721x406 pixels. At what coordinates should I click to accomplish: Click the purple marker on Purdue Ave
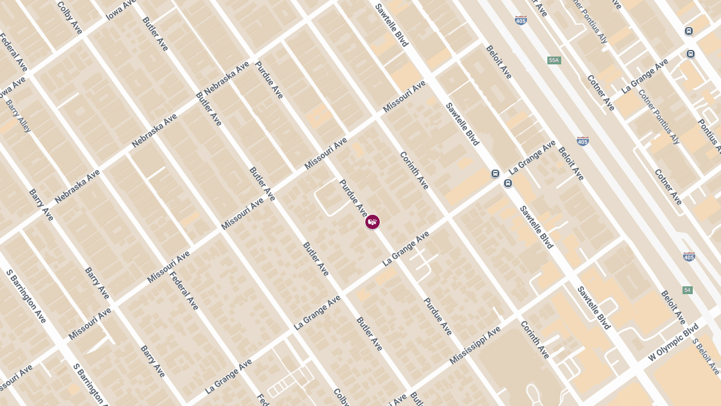pyautogui.click(x=373, y=222)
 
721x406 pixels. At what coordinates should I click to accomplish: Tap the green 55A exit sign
pyautogui.click(x=554, y=60)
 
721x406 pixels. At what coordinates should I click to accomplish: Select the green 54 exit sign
pyautogui.click(x=687, y=290)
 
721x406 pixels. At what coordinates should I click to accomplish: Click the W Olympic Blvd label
pyautogui.click(x=673, y=342)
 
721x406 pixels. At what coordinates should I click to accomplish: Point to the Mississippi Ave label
pyautogui.click(x=475, y=345)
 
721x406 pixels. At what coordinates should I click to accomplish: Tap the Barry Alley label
pyautogui.click(x=17, y=115)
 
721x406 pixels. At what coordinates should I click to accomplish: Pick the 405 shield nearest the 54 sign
pyautogui.click(x=689, y=256)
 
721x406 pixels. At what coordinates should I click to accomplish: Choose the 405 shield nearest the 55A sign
pyautogui.click(x=521, y=20)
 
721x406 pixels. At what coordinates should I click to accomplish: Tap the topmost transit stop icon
pyautogui.click(x=689, y=31)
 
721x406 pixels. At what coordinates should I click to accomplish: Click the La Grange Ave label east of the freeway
pyautogui.click(x=645, y=75)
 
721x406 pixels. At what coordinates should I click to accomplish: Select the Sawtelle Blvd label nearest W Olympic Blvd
pyautogui.click(x=594, y=307)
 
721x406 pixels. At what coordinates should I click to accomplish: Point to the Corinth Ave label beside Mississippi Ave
pyautogui.click(x=534, y=339)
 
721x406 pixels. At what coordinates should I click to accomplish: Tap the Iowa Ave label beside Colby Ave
pyautogui.click(x=121, y=10)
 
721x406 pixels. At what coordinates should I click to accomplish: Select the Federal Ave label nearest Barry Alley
pyautogui.click(x=13, y=52)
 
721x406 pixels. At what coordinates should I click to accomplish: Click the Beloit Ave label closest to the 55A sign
pyautogui.click(x=499, y=61)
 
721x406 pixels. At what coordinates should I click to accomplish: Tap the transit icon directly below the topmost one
pyautogui.click(x=691, y=54)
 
